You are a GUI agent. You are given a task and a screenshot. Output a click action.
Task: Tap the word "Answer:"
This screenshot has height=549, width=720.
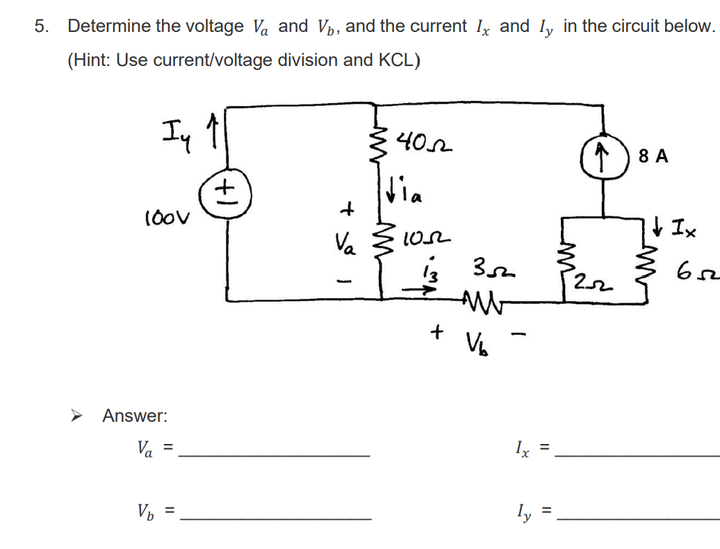(135, 416)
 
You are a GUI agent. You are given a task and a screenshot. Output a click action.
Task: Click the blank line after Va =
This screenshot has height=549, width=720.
(275, 455)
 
